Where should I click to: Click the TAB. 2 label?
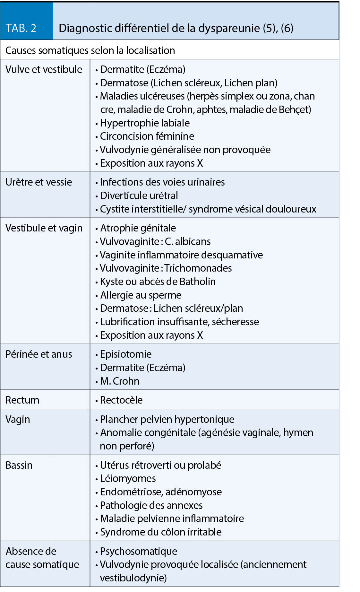[x=21, y=28]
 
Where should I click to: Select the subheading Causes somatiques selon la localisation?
[x=90, y=50]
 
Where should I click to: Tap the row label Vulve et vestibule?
[x=44, y=69]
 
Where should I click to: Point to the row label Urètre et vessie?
[x=39, y=182]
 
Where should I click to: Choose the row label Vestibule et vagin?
[x=44, y=228]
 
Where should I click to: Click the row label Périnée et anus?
[x=39, y=354]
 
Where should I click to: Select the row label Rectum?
[x=22, y=400]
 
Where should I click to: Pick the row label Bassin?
[x=19, y=465]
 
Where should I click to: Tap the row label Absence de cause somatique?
[x=42, y=558]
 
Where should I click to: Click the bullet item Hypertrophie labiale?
[x=145, y=123]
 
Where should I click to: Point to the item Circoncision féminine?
[x=147, y=136]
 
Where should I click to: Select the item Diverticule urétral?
[x=139, y=196]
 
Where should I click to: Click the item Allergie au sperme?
[x=141, y=295]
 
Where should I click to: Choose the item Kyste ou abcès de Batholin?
[x=158, y=282]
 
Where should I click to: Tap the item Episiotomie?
[x=125, y=354]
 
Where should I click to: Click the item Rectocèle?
[x=121, y=400]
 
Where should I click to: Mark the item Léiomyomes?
[x=128, y=478]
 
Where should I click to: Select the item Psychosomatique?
[x=138, y=551]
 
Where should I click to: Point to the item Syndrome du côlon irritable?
[x=160, y=532]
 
